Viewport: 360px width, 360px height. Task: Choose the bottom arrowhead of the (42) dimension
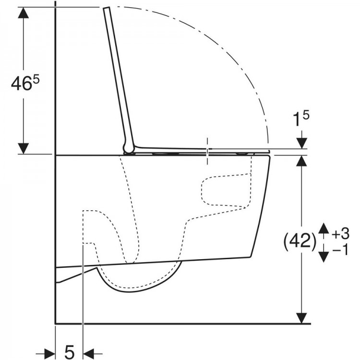301,318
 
